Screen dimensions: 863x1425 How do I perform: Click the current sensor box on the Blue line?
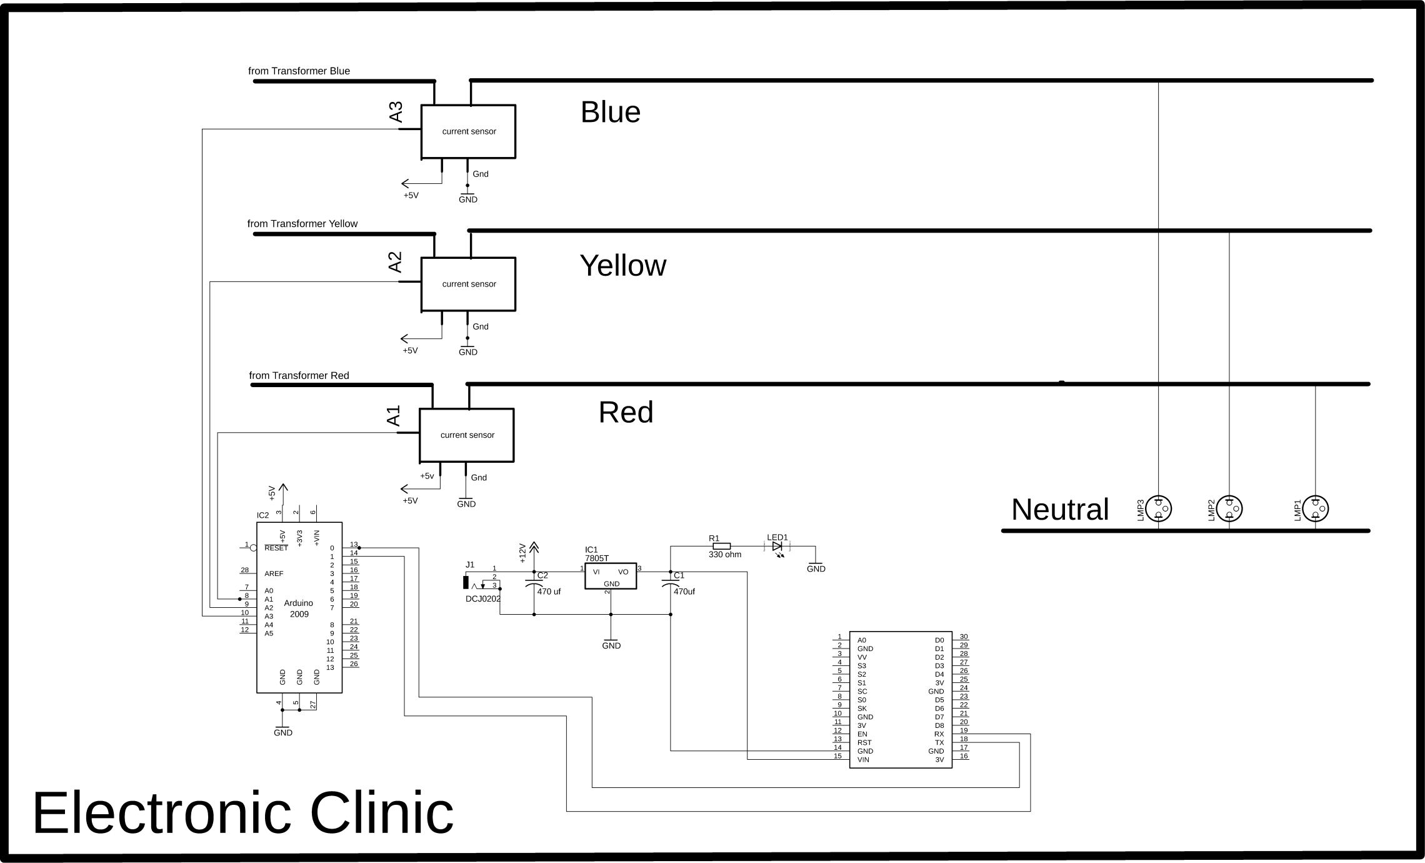click(468, 131)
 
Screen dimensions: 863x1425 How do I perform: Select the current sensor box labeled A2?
click(468, 284)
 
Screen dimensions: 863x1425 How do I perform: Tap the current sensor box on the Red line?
click(466, 435)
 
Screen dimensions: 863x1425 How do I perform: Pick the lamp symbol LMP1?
click(1315, 509)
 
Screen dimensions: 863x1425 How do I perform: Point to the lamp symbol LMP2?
click(1229, 509)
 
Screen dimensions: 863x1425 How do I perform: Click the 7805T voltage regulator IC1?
click(611, 576)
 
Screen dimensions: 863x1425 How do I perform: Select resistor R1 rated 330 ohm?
click(721, 546)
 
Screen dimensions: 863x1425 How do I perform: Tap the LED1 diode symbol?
click(777, 546)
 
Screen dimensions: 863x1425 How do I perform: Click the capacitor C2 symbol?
click(534, 584)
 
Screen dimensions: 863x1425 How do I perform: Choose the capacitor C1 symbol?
click(671, 584)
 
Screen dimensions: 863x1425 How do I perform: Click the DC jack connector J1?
click(466, 582)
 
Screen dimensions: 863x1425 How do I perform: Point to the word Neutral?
click(1060, 509)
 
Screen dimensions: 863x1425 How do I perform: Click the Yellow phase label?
click(622, 266)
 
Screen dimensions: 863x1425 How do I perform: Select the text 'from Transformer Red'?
click(299, 376)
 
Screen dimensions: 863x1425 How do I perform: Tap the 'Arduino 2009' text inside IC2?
click(299, 608)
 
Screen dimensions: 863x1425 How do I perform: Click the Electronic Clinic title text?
click(242, 812)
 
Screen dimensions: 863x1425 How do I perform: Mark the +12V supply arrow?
click(533, 548)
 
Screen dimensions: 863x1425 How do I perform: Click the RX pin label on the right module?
click(939, 734)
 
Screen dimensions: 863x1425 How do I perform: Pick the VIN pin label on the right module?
click(863, 760)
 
